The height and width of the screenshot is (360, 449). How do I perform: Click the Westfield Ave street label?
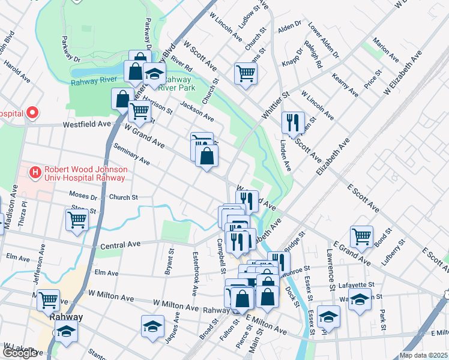pyautogui.click(x=88, y=124)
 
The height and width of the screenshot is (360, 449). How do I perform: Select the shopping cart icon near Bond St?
pyautogui.click(x=361, y=236)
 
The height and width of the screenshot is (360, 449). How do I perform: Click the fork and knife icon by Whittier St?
pyautogui.click(x=293, y=122)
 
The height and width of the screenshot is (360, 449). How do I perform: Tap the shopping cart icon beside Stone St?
pyautogui.click(x=77, y=220)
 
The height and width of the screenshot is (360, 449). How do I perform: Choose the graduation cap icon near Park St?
pyautogui.click(x=360, y=298)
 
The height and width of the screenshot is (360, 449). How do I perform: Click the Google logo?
pyautogui.click(x=20, y=353)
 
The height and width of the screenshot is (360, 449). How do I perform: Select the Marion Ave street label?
pyautogui.click(x=385, y=50)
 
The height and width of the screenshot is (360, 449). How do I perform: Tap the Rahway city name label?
pyautogui.click(x=66, y=317)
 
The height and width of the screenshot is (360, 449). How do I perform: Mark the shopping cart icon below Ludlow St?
pyautogui.click(x=246, y=73)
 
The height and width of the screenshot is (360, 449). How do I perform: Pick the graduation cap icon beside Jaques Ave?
pyautogui.click(x=152, y=326)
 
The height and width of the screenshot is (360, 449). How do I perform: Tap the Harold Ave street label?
pyautogui.click(x=16, y=70)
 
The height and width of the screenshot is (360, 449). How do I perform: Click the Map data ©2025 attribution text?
pyautogui.click(x=423, y=355)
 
